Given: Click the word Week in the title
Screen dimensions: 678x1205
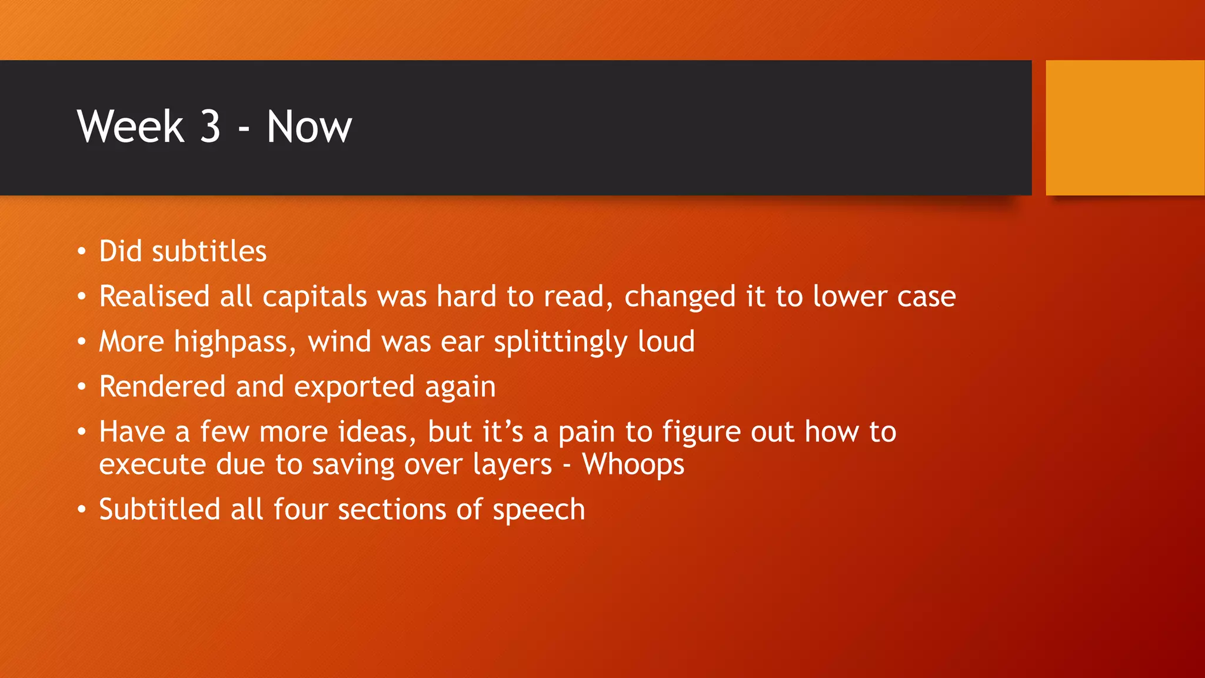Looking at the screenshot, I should pyautogui.click(x=131, y=127).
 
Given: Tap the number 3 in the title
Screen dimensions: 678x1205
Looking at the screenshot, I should pyautogui.click(x=210, y=127).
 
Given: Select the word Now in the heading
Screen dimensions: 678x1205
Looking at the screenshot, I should pyautogui.click(x=309, y=127).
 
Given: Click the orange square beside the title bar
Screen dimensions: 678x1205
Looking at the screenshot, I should pyautogui.click(x=1124, y=128).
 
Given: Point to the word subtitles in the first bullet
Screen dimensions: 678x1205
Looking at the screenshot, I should pyautogui.click(x=209, y=251).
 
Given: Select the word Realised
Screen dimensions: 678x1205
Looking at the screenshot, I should pyautogui.click(x=154, y=296).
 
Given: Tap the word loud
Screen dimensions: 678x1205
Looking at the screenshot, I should pyautogui.click(x=666, y=341).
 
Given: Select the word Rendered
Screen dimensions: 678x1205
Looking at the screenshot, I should pyautogui.click(x=162, y=387).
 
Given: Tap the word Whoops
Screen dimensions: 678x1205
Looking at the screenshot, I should pyautogui.click(x=633, y=465).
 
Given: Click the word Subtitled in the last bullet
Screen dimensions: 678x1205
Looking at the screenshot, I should pyautogui.click(x=159, y=510).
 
